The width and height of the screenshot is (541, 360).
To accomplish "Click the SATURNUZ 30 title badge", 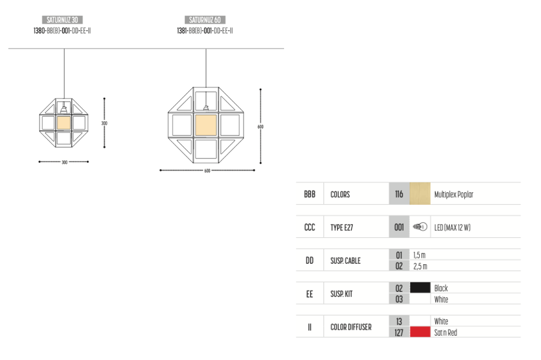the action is [62, 19].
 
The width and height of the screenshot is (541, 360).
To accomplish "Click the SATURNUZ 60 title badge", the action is [205, 19].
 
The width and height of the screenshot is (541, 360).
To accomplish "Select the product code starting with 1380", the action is [62, 31].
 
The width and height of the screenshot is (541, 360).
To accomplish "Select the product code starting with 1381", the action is [205, 31].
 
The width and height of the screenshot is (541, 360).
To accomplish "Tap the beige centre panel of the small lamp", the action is [64, 123].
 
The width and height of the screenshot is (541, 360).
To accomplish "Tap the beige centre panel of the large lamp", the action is [206, 125].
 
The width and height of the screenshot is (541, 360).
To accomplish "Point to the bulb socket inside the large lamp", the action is [206, 108].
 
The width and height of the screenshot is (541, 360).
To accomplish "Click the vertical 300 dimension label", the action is [104, 123].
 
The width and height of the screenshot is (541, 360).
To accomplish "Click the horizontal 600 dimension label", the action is [207, 171].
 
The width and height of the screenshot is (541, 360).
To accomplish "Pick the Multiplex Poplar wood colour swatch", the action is [420, 194].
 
